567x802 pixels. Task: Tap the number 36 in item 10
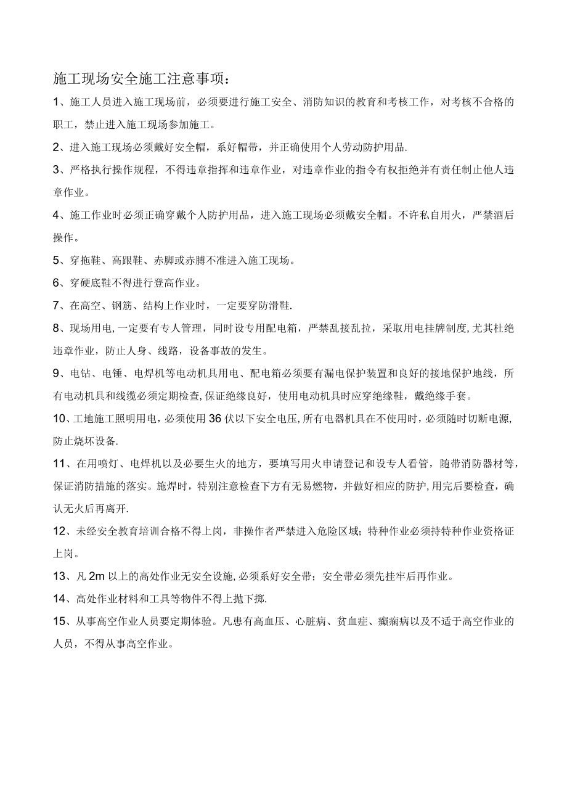pyautogui.click(x=215, y=419)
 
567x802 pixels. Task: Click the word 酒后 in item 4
pyautogui.click(x=503, y=215)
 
